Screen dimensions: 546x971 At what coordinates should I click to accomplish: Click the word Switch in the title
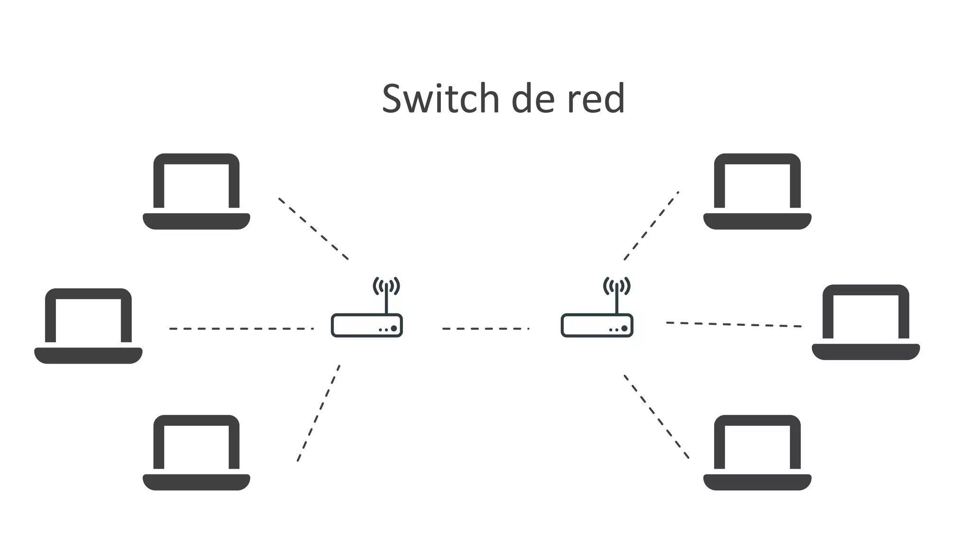coord(440,99)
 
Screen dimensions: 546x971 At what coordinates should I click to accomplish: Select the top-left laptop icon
coord(196,191)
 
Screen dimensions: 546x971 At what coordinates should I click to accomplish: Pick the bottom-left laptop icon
coord(196,453)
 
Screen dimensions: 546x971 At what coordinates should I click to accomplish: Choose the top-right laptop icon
coord(757,191)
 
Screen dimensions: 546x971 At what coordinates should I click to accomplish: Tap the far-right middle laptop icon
coord(866,322)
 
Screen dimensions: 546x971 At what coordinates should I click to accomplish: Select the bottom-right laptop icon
coord(757,453)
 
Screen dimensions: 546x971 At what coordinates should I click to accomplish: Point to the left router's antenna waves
coord(386,286)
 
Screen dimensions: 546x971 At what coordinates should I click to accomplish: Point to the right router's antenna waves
coord(616,286)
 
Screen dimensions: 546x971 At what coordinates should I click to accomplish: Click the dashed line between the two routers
coord(485,328)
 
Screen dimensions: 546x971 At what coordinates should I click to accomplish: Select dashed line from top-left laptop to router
coord(313,228)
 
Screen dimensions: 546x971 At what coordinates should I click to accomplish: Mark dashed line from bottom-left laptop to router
coord(319,413)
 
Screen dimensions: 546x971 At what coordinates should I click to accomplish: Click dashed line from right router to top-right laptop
coord(651,226)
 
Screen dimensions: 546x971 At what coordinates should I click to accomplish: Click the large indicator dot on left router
coord(394,328)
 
